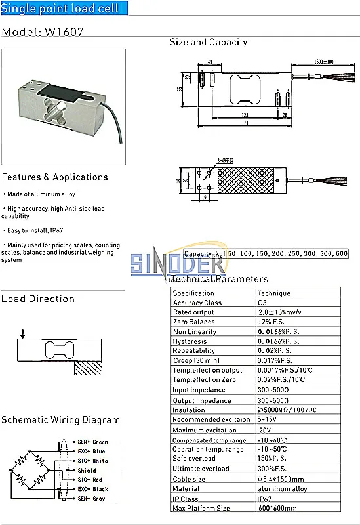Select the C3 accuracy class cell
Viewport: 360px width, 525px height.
[x=262, y=303]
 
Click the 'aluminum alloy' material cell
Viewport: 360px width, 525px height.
[x=282, y=488]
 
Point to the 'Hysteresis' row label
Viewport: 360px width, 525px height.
[x=190, y=341]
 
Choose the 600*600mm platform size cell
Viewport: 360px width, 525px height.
[x=277, y=508]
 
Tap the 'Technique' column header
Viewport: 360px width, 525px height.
[x=273, y=293]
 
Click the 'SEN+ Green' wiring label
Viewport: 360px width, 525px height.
[x=92, y=442]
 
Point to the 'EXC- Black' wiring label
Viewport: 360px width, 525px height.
[x=92, y=489]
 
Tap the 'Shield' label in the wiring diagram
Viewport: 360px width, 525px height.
[x=87, y=471]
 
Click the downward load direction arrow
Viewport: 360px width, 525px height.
[x=23, y=335]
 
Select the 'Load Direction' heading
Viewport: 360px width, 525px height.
[x=38, y=299]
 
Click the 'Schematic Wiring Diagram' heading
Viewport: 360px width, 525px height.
[x=60, y=420]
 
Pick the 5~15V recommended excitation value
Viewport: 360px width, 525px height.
[x=268, y=419]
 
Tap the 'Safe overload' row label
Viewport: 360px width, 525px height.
[x=193, y=459]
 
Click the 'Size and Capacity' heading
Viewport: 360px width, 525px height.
[x=209, y=42]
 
